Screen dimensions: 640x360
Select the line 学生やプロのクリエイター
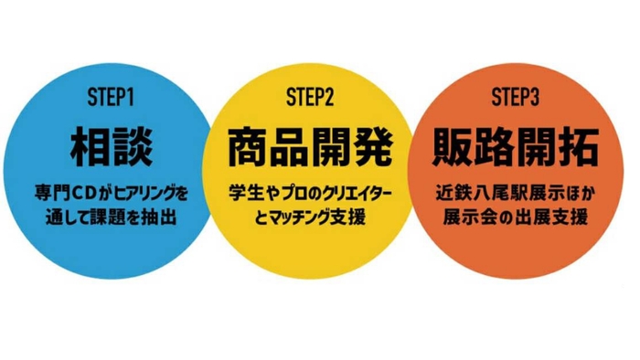tap(310, 195)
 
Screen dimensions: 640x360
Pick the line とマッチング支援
tap(310, 218)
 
